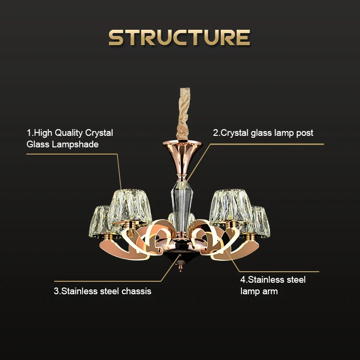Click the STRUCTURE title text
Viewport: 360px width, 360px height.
pyautogui.click(x=180, y=37)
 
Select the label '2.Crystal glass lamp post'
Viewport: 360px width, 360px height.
pyautogui.click(x=263, y=133)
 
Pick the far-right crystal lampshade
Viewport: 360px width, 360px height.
pyautogui.click(x=258, y=221)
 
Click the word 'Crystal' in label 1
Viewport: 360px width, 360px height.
pyautogui.click(x=99, y=133)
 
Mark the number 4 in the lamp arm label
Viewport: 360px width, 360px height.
pyautogui.click(x=243, y=280)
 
